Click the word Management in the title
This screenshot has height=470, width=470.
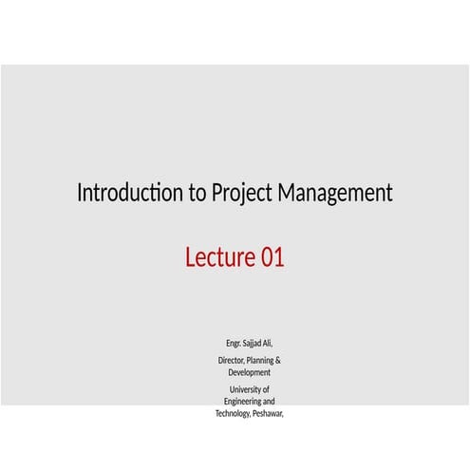click(x=335, y=195)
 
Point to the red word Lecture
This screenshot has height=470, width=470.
click(x=219, y=257)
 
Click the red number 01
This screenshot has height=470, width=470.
click(x=272, y=257)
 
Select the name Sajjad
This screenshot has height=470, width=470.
click(x=254, y=343)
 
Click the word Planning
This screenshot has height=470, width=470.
click(x=262, y=362)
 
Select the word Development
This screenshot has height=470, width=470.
click(x=250, y=373)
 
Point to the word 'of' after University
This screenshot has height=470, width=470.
click(x=265, y=390)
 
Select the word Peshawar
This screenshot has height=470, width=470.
click(x=268, y=415)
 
